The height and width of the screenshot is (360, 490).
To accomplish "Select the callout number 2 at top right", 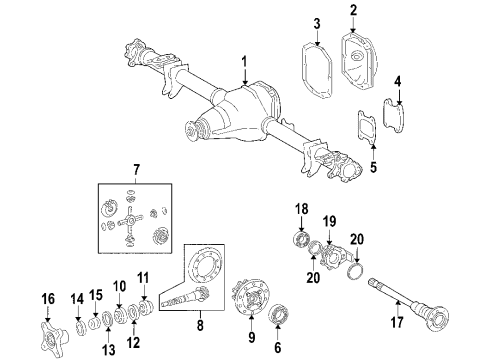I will (353, 11).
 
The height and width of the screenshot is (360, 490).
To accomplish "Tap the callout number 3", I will (316, 23).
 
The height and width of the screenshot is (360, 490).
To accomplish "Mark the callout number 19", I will (328, 220).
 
